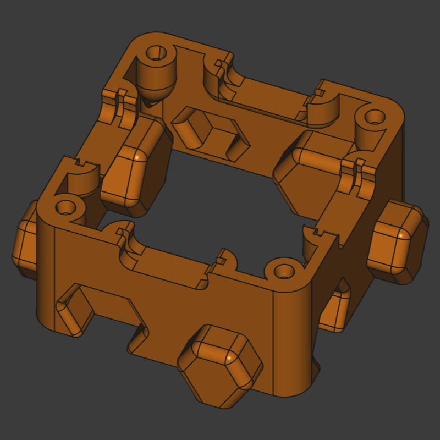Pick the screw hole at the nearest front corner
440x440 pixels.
[x=284, y=271]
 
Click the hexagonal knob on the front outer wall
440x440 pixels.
[x=220, y=366]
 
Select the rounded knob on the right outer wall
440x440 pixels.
[x=397, y=242]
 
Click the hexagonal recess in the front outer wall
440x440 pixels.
[x=74, y=311]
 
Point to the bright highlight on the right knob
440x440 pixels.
[x=403, y=235]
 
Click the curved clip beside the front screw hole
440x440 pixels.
[x=228, y=258]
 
